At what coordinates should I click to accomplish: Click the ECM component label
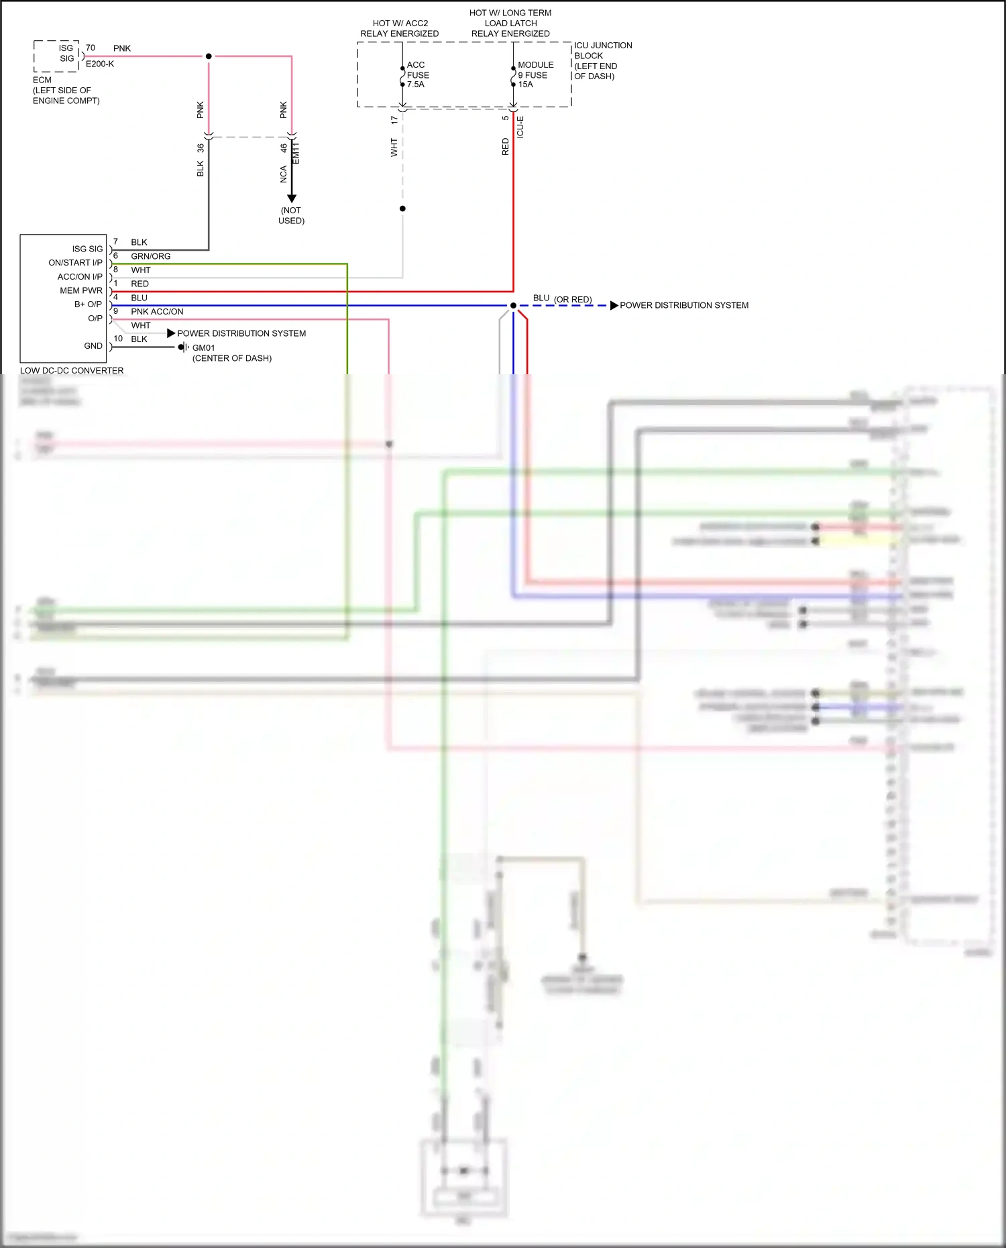point(42,80)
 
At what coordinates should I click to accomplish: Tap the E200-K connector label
point(100,64)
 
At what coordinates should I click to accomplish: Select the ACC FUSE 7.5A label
point(418,75)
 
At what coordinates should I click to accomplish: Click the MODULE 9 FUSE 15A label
point(535,75)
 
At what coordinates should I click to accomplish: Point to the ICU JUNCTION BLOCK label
point(602,60)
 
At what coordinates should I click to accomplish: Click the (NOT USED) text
point(292,215)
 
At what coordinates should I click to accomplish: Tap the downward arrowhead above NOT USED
point(292,198)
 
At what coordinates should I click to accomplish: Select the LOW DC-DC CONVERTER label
point(72,370)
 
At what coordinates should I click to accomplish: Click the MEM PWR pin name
point(81,290)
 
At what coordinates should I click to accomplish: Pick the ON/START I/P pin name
point(75,263)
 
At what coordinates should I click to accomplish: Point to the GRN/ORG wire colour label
point(150,256)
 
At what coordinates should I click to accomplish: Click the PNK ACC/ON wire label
point(157,312)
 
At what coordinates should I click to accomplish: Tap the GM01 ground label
point(203,347)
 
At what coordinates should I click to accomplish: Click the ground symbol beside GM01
point(183,347)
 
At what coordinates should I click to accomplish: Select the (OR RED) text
point(573,299)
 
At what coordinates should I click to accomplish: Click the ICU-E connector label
point(520,127)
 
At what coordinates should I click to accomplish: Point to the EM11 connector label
point(296,153)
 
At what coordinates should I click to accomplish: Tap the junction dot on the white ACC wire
point(402,209)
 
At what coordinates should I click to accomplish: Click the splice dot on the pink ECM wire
point(209,56)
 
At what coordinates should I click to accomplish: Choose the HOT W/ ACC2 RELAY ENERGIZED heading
point(400,28)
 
